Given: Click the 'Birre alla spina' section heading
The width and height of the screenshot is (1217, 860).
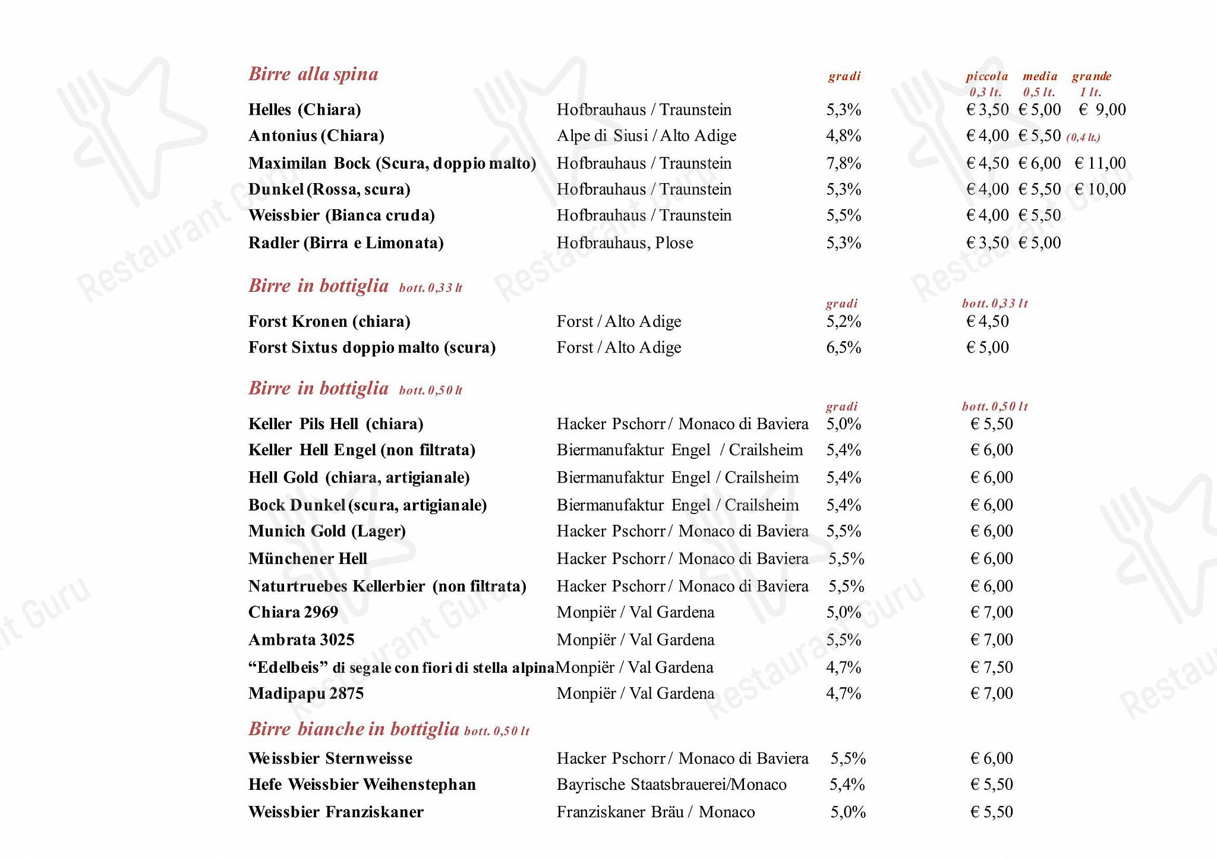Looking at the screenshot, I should [313, 74].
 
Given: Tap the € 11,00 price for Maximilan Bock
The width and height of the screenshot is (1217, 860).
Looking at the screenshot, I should [1100, 163].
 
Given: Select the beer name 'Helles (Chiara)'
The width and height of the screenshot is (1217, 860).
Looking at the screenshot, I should [305, 110].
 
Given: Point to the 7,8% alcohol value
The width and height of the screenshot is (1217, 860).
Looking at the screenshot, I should [843, 163].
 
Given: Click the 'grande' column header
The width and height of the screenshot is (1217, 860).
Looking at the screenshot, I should [1091, 77].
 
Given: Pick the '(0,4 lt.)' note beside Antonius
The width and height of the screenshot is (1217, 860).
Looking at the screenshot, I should [1083, 138].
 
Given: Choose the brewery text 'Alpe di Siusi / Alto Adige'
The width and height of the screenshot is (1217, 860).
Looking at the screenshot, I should [646, 136].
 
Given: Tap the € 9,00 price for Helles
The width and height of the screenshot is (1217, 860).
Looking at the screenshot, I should [1102, 110].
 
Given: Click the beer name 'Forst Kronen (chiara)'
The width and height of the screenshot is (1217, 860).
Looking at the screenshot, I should [329, 322].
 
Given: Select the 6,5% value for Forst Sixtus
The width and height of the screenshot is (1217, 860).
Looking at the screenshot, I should [843, 348].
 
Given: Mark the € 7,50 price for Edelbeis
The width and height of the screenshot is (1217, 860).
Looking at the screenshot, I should [991, 667].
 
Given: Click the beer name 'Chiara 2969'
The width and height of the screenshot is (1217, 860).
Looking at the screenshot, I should [293, 612].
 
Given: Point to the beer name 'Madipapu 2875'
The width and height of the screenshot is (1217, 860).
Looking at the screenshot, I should [306, 694].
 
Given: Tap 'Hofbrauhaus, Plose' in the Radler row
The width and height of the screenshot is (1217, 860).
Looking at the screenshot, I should [625, 243].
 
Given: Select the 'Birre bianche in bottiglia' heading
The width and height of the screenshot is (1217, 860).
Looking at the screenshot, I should [354, 729].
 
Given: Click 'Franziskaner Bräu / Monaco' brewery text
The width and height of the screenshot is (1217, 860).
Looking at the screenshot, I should [655, 812].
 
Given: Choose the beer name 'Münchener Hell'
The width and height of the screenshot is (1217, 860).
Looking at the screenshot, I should [308, 559].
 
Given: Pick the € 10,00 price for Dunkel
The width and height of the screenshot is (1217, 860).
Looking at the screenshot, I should [1100, 190].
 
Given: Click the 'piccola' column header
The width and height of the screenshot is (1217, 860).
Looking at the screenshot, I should [986, 77].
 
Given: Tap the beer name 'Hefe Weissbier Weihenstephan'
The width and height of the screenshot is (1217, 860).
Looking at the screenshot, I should [362, 785].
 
